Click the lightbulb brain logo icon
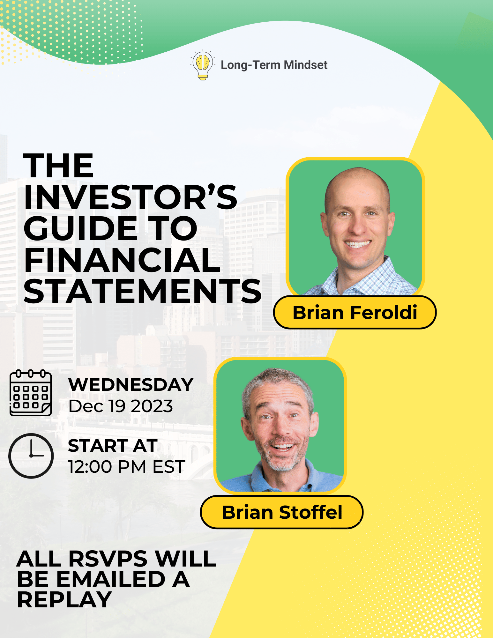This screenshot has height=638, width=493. pos(202,65)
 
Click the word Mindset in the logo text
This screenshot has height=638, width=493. pos(305,65)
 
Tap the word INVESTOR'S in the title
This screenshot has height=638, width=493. pos(130,197)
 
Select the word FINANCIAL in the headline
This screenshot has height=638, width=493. pos(122,260)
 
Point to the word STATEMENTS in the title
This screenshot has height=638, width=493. pos(142,291)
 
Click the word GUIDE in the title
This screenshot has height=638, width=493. pos(80,228)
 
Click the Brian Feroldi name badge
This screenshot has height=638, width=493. pos(355,312)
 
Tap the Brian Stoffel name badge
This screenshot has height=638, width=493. pos(282,512)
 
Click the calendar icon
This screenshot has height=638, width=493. pos(31,393)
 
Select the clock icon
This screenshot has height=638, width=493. pos(31,456)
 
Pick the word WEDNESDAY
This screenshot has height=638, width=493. pos(131,385)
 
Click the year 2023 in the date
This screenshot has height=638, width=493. pos(152,406)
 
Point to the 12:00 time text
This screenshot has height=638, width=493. pos(90,467)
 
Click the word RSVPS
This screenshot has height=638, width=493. pos(108,559)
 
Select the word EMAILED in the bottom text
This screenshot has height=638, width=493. pos(111,579)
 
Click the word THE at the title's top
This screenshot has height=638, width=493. pos(58,166)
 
